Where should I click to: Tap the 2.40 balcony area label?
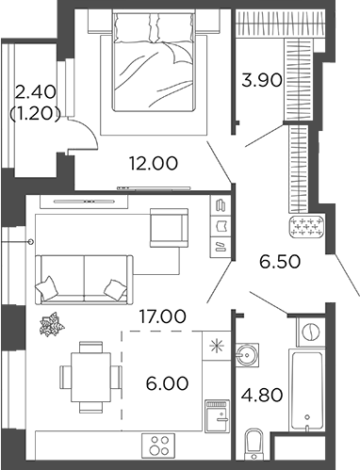tap(35, 92)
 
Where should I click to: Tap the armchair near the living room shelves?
tap(170, 228)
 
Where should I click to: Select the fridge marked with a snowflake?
tap(216, 347)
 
